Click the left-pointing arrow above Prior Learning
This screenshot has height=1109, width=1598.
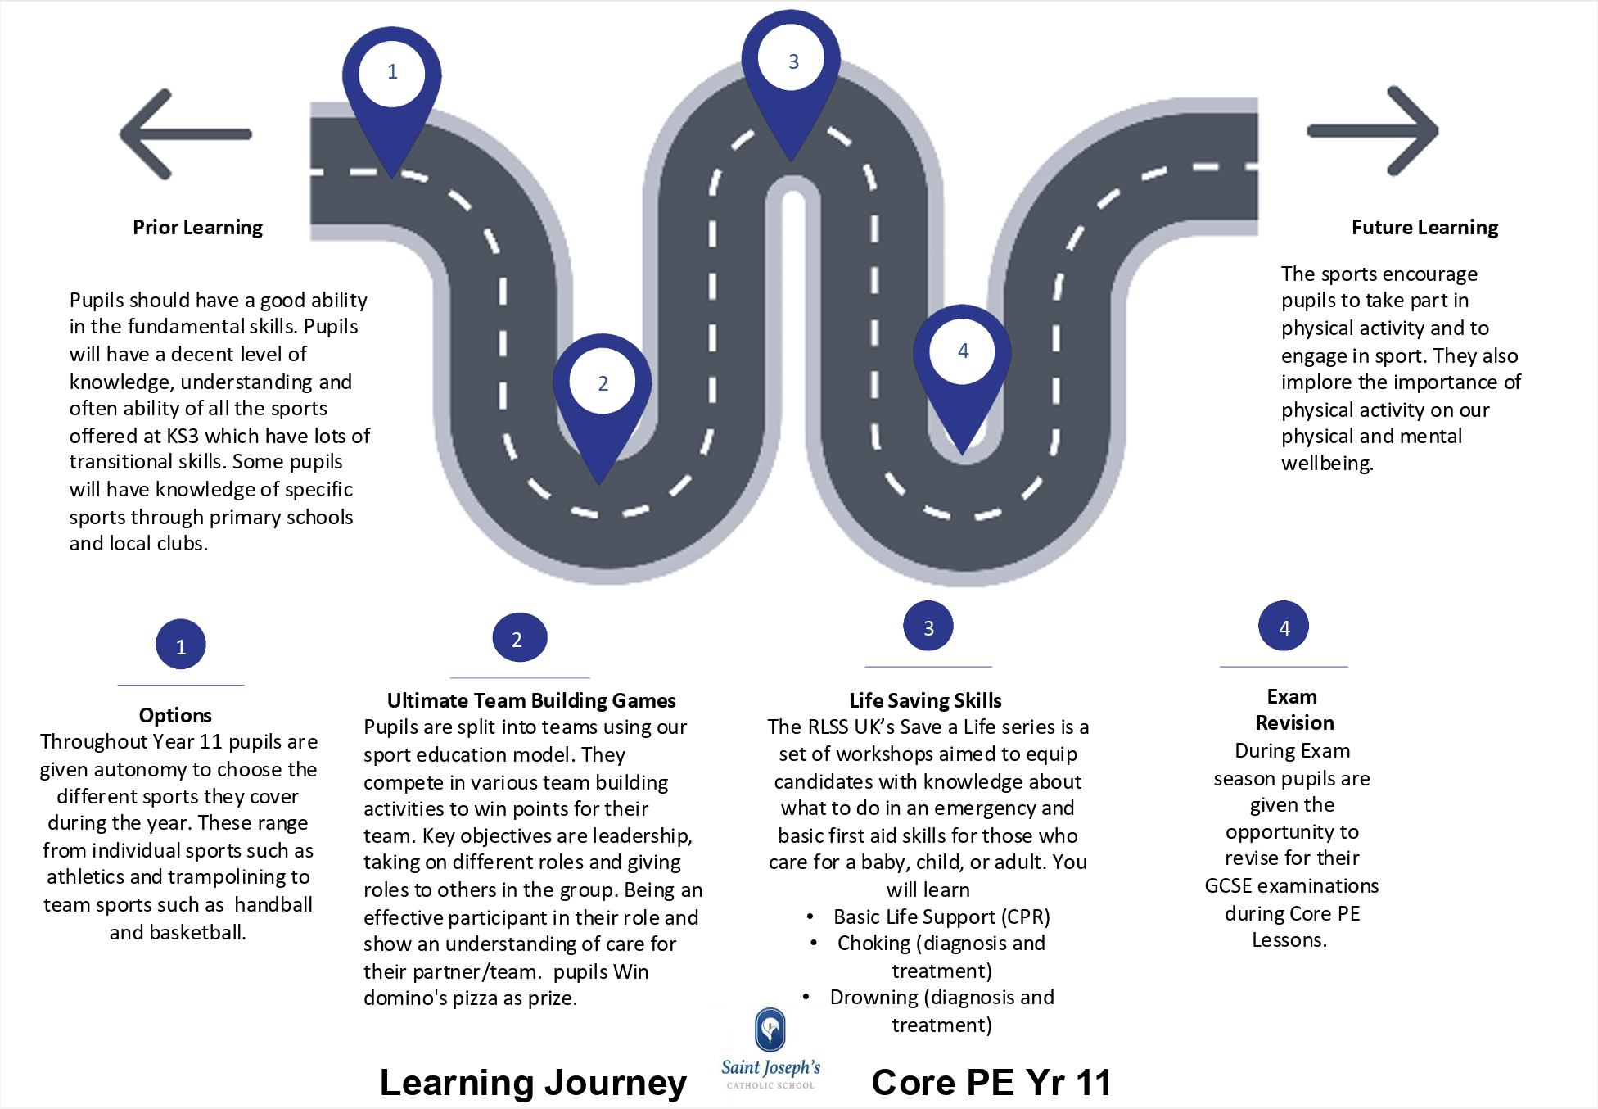(186, 134)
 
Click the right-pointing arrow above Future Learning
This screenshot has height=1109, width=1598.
(1373, 131)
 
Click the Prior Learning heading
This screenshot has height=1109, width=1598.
(198, 227)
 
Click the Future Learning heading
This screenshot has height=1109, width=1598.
(1424, 227)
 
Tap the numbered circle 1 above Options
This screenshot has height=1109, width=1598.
(181, 645)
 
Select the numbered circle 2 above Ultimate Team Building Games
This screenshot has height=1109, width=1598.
(519, 637)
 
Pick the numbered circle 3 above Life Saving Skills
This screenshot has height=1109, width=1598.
(928, 627)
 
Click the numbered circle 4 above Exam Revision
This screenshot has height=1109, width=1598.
(1284, 627)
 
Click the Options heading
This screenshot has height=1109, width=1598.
(175, 715)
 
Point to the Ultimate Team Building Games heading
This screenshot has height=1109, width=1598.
(531, 700)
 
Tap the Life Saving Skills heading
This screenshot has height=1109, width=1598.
(925, 700)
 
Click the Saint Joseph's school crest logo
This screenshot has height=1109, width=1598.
(770, 1030)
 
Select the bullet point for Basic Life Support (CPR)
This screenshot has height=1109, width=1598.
(810, 917)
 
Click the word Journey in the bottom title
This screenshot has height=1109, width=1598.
(616, 1083)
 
